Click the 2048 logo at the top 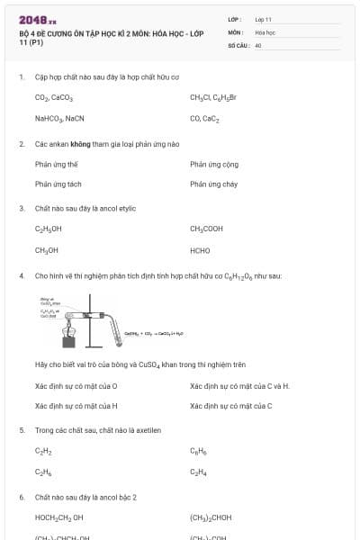tap(37, 18)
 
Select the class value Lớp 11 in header tap(263, 18)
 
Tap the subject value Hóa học tap(265, 31)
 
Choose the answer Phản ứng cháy tap(213, 184)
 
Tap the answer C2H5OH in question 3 tap(49, 229)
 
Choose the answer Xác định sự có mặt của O tap(76, 386)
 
